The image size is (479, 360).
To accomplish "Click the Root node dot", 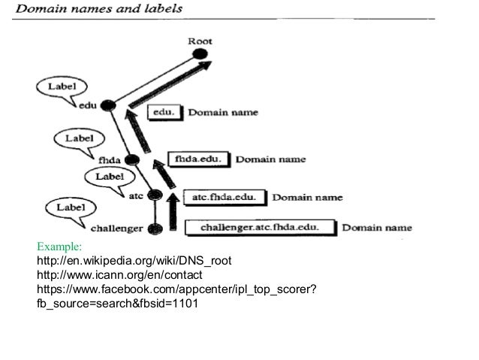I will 199,54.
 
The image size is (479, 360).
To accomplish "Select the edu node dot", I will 108,106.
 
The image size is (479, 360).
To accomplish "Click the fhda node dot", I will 134,159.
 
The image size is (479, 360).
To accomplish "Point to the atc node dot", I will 156,195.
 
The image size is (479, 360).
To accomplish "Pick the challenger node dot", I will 157,228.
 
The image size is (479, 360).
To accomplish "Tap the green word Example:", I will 61,246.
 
